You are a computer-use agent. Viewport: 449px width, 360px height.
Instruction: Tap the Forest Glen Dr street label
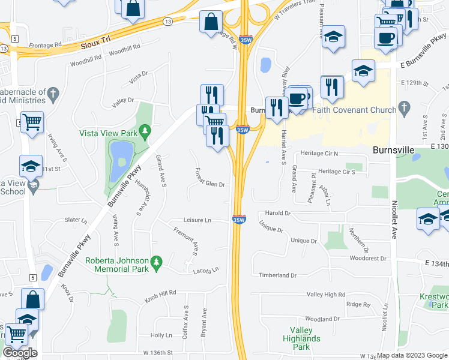tap(209, 179)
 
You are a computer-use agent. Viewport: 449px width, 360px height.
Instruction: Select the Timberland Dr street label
tap(277, 275)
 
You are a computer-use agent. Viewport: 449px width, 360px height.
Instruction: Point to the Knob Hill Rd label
tap(160, 293)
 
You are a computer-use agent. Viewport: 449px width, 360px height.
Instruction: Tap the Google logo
tap(20, 353)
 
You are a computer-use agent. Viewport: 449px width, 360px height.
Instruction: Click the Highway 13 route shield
tap(167, 21)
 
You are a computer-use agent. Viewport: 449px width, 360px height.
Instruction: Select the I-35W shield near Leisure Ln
tap(238, 220)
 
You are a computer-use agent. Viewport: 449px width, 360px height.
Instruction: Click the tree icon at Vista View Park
tap(145, 131)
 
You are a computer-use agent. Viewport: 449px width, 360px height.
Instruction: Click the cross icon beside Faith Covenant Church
tap(405, 109)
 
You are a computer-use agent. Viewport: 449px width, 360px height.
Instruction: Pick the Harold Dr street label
tap(279, 213)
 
